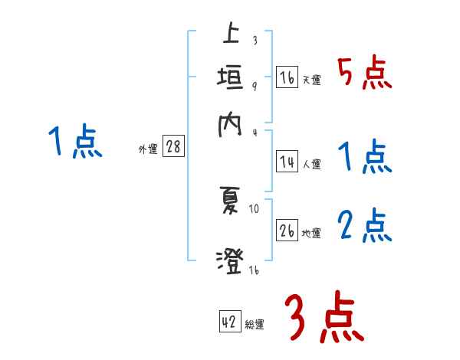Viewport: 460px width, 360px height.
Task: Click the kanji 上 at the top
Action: point(229,35)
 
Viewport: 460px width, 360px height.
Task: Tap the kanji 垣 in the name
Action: point(230,78)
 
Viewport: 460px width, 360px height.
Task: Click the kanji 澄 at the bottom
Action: point(229,260)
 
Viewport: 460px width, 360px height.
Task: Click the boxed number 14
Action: point(287,162)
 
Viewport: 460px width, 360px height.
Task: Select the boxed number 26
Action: point(287,231)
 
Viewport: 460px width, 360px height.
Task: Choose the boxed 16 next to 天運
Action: point(287,78)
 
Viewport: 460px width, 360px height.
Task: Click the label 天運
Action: point(311,80)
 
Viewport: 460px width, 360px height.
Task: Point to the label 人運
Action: point(311,164)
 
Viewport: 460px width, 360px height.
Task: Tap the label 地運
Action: point(311,233)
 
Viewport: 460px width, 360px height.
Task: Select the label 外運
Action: point(148,149)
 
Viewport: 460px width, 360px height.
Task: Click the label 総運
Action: point(255,324)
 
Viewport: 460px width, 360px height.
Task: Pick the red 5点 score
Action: point(365,73)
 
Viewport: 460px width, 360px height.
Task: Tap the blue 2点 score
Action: point(365,226)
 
